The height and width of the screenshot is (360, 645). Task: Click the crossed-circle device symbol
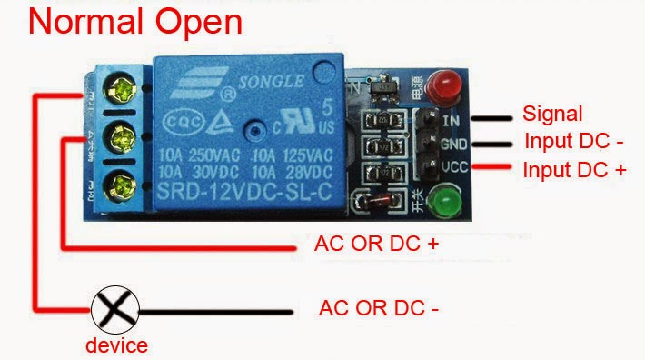(114, 311)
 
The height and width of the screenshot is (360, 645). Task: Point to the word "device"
(116, 345)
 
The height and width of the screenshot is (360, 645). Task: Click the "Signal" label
(552, 115)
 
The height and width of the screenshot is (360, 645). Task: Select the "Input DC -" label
(574, 142)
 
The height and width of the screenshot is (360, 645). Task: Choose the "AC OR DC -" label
(379, 308)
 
